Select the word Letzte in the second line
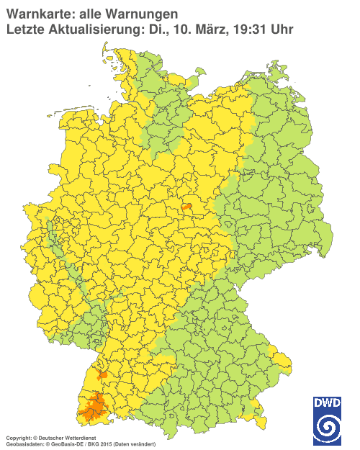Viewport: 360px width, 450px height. pos(24,30)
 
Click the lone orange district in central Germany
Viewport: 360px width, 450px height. pos(188,207)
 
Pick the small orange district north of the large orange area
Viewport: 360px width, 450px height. pos(102,375)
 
